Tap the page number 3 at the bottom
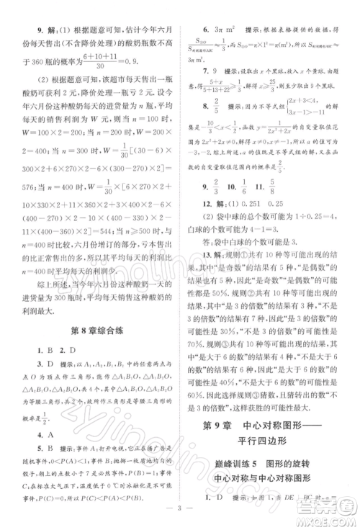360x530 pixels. pos(179,516)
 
